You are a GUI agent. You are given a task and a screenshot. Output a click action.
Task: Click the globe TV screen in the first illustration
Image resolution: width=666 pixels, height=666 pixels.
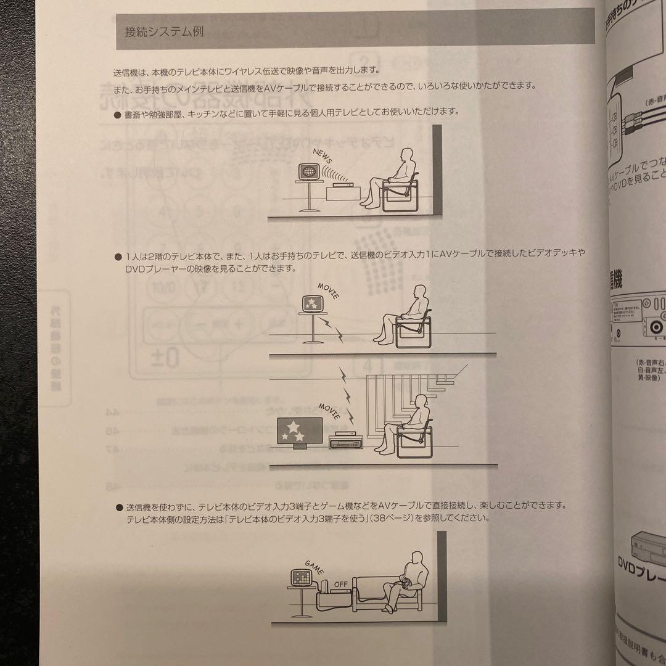tap(308, 171)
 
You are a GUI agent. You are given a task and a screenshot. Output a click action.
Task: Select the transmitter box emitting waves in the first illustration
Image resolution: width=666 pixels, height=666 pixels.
tap(339, 184)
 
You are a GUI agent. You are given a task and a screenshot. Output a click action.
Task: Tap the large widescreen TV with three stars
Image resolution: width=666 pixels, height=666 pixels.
tap(298, 430)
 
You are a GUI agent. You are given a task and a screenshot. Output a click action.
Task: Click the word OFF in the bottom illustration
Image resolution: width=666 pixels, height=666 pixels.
tap(341, 583)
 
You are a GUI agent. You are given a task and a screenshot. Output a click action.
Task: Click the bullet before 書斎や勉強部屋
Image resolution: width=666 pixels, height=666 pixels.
tap(118, 112)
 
